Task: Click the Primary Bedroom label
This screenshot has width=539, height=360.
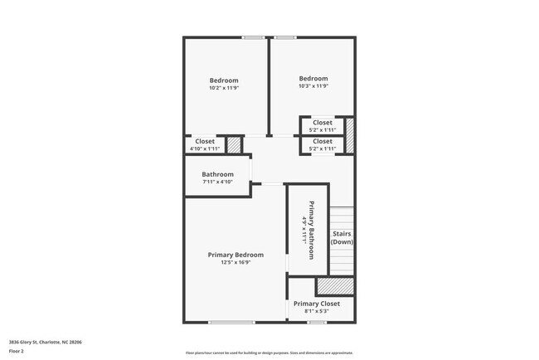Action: point(236,255)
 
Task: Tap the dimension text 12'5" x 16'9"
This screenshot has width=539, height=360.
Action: point(236,263)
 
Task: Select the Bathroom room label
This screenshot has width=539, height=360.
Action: point(217,174)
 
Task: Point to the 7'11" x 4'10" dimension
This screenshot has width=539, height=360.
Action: point(217,182)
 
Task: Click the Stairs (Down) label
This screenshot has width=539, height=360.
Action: point(342,238)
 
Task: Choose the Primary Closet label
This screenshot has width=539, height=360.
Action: point(318,304)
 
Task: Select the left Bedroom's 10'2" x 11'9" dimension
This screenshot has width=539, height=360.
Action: point(224,88)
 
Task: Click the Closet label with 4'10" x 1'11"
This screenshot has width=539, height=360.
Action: point(205,142)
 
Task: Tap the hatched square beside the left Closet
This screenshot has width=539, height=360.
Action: point(235,144)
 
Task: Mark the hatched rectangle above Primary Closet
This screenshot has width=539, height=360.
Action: point(335,285)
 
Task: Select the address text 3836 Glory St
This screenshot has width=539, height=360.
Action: point(45,342)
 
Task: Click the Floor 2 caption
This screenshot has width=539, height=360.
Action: point(17,352)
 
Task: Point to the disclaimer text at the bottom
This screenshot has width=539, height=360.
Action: point(269,352)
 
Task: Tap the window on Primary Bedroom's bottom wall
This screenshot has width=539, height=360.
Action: point(231,322)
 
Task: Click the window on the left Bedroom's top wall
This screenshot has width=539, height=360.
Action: point(254,37)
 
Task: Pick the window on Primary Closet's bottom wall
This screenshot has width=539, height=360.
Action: point(314,322)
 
